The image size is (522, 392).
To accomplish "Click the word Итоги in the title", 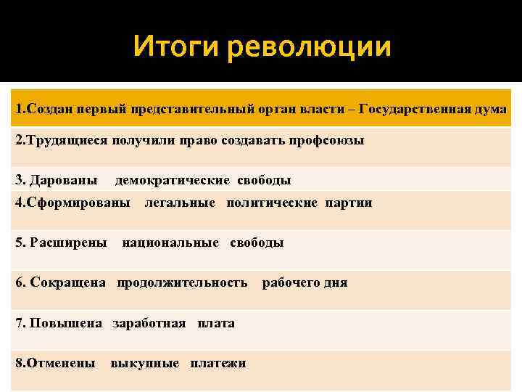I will click(x=176, y=47).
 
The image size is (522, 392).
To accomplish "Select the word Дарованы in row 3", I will click(x=67, y=179).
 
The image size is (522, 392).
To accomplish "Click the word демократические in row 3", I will click(x=171, y=179).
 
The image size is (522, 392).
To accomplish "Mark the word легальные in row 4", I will click(x=180, y=203).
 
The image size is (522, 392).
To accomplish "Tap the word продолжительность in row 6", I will click(x=182, y=282).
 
